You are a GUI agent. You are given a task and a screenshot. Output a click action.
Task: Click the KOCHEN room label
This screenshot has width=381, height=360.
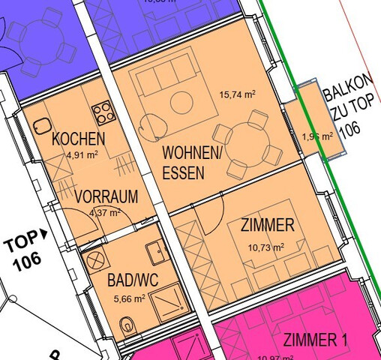(79, 139)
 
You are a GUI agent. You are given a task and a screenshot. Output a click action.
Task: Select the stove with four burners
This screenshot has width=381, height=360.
(103, 114)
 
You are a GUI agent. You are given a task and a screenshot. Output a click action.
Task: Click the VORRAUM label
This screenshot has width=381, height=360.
(107, 197)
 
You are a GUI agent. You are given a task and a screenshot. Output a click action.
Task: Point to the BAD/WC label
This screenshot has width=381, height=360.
(133, 283)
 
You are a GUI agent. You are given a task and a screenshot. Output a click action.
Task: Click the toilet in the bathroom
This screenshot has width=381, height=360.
(127, 326)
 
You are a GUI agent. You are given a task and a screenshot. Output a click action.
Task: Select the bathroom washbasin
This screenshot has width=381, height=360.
(157, 251)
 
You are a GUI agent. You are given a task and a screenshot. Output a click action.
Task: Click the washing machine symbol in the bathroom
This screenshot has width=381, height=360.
(96, 262)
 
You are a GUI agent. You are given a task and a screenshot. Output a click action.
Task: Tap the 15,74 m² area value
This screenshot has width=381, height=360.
(237, 95)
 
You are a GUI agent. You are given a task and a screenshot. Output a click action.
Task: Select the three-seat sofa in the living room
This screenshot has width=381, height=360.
(164, 75)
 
